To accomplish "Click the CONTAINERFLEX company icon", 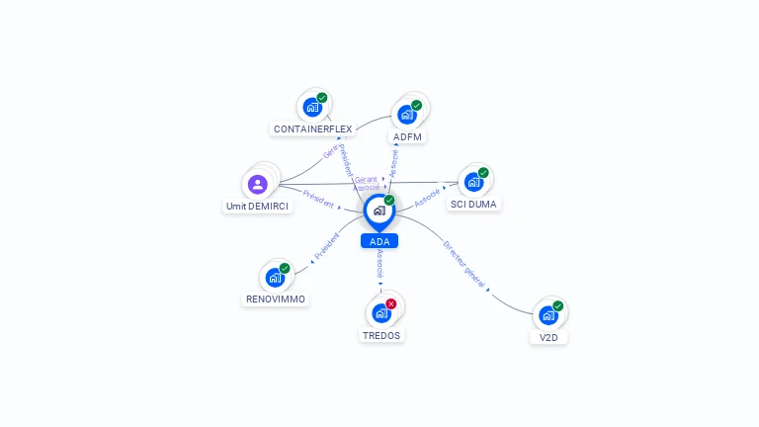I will tap(312, 107).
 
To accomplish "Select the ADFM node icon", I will tap(406, 114).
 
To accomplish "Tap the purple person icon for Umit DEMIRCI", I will tap(258, 184).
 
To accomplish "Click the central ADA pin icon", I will tap(379, 211).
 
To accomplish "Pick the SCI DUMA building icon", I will tap(473, 181).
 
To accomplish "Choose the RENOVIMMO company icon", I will tap(275, 277).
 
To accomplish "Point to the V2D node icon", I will tap(548, 315).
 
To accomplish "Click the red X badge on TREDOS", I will tap(391, 303).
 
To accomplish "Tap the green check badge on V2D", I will tap(558, 305).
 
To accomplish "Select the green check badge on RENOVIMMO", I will tap(285, 268).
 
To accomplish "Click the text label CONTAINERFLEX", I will tap(312, 129).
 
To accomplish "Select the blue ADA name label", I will tap(379, 241).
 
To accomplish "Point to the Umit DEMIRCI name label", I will tap(258, 207).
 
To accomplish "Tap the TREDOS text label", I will tap(381, 335).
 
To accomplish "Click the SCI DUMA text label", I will tap(473, 204).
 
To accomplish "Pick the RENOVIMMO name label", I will tap(276, 299).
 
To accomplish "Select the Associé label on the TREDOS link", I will tap(380, 264).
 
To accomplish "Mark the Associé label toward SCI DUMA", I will tap(427, 197).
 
